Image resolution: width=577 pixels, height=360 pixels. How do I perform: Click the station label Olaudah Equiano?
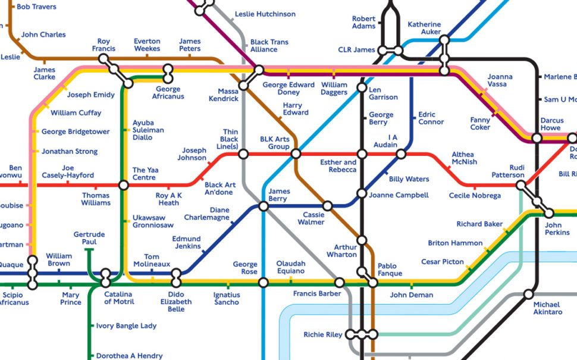click(291, 267)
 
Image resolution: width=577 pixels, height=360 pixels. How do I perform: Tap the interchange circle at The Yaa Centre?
click(123, 185)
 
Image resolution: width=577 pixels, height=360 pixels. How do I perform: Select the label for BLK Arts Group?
click(275, 143)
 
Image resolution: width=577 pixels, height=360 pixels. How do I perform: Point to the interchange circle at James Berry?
click(264, 206)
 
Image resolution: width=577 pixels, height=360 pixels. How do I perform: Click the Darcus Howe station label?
click(551, 124)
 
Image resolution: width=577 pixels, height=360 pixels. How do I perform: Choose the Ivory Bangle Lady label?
click(126, 326)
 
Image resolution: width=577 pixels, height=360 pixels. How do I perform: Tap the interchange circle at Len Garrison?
click(362, 88)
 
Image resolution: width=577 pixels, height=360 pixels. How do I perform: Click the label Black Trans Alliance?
click(269, 46)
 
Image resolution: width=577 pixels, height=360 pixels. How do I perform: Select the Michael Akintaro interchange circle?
click(528, 294)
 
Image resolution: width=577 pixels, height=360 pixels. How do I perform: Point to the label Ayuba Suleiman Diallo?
click(148, 130)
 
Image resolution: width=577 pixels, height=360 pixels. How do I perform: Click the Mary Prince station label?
click(71, 298)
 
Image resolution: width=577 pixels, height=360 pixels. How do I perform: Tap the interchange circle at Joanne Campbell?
click(362, 193)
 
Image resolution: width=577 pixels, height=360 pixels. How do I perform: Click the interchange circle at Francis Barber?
click(340, 282)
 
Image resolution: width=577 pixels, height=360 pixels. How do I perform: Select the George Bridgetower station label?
click(76, 132)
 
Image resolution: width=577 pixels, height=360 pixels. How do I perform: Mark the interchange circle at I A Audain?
click(401, 155)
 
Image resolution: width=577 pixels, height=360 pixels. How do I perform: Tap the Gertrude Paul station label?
click(85, 239)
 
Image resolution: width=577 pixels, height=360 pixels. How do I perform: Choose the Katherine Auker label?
click(424, 28)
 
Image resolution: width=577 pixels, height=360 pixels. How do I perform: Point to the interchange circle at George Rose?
click(264, 282)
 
